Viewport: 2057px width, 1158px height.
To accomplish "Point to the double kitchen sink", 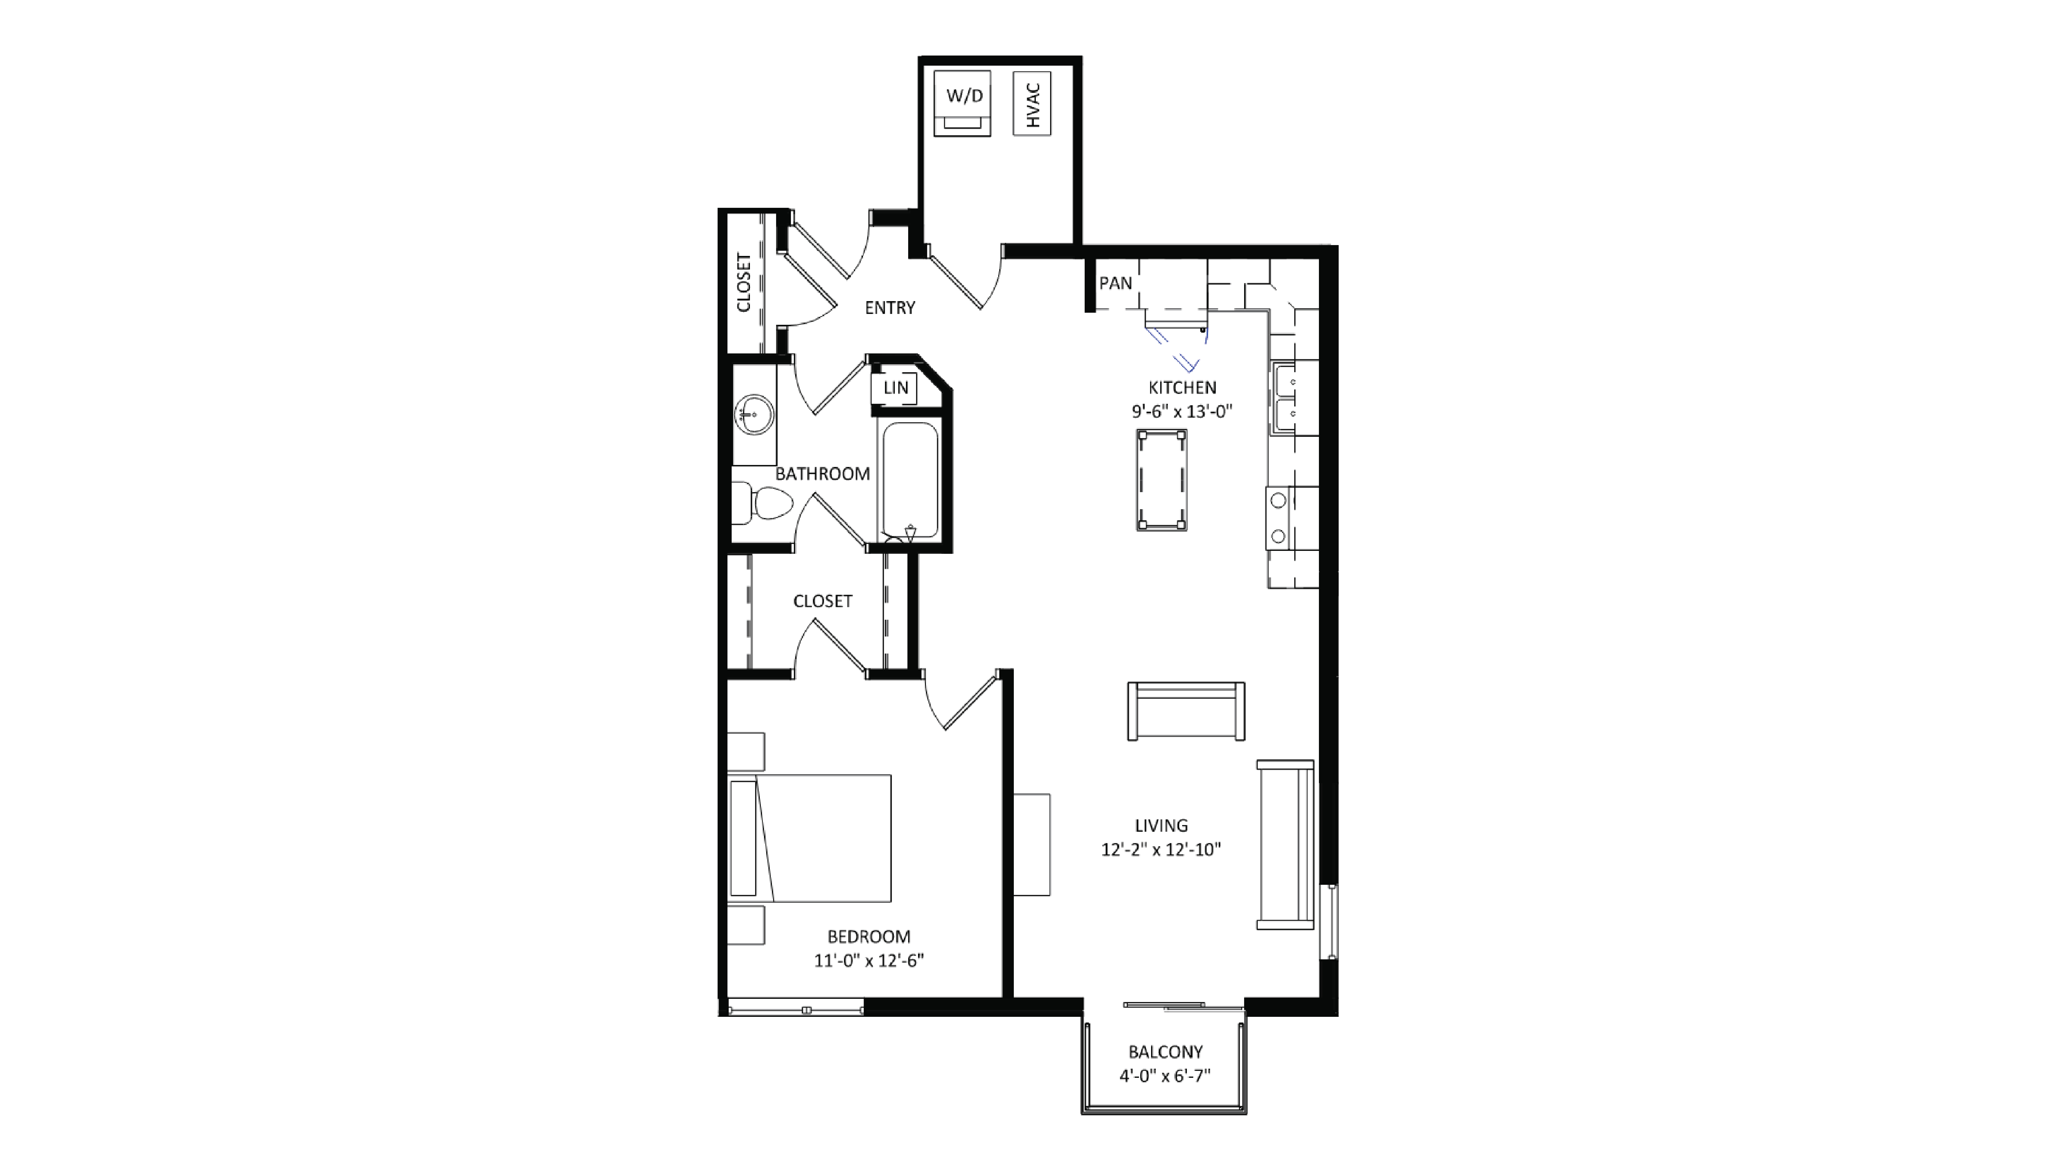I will coord(1285,398).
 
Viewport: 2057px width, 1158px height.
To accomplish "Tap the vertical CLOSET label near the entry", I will coord(744,282).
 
